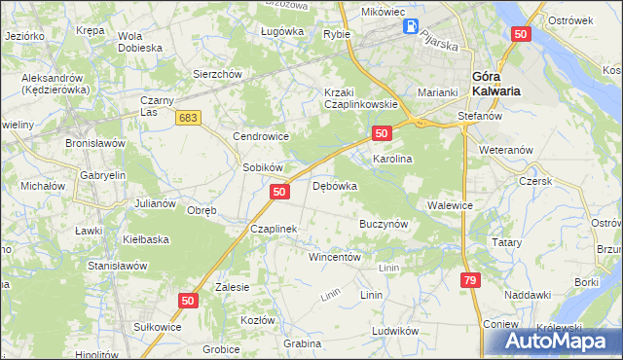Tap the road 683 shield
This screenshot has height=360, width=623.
pyautogui.click(x=189, y=117)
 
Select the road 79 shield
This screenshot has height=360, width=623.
pyautogui.click(x=471, y=280)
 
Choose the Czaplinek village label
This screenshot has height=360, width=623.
pyautogui.click(x=273, y=229)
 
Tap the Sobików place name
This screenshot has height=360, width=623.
pyautogui.click(x=262, y=167)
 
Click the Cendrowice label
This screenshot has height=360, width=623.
pyautogui.click(x=258, y=136)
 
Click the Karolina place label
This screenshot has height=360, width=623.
pyautogui.click(x=393, y=158)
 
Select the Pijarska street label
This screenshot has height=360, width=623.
pyautogui.click(x=439, y=41)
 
